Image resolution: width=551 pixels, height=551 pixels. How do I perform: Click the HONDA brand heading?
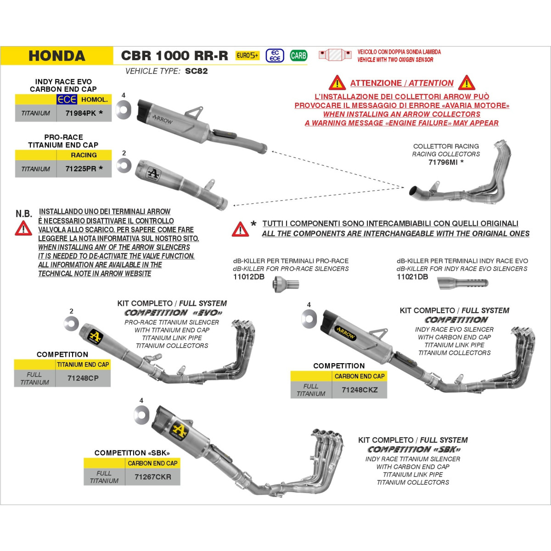57,56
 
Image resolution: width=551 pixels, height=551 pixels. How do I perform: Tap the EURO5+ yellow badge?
247,56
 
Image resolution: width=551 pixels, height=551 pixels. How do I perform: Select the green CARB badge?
298,56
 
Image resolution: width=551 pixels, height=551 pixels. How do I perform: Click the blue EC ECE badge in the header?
275,56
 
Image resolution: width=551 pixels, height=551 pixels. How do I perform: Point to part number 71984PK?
81,113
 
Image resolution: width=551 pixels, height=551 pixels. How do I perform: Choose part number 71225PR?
81,169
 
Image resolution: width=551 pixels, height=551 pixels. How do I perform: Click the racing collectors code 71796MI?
443,163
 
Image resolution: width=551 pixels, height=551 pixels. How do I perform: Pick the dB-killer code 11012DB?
249,277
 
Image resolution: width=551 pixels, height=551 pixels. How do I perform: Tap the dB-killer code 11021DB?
412,277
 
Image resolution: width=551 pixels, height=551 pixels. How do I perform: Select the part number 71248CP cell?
83,378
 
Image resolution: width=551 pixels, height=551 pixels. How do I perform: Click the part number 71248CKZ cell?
360,390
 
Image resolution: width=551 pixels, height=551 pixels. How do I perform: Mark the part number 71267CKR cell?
153,477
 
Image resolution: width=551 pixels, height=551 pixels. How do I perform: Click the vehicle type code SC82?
197,71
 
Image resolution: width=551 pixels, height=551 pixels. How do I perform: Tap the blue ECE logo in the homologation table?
67,99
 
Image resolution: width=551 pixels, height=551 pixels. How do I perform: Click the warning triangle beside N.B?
23,229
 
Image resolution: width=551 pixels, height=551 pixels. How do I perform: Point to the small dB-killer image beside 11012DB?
286,284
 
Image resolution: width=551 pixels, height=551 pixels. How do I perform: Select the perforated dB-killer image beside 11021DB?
463,283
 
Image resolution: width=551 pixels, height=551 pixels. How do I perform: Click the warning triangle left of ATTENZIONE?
337,83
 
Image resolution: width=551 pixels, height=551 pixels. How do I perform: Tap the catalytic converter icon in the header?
335,54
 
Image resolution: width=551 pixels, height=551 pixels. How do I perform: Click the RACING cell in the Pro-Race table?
84,155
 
